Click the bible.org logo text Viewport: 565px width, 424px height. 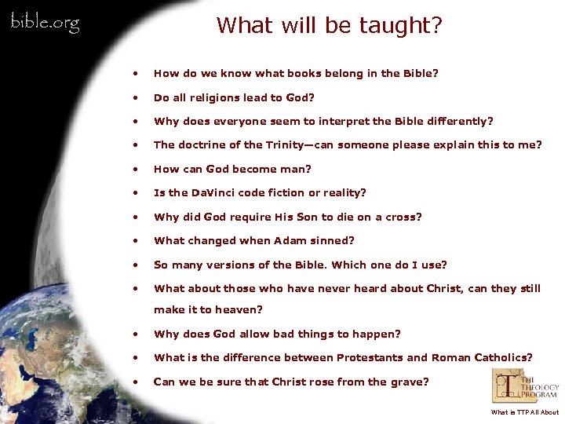pos(45,23)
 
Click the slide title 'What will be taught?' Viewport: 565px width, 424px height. pos(329,25)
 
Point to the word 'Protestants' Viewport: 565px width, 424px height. pos(370,357)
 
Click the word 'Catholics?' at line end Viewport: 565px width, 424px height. pos(503,357)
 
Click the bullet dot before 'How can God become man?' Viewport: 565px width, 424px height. pos(137,169)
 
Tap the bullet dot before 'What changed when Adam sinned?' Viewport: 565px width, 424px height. pos(137,241)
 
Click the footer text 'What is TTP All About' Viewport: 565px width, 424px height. pos(524,412)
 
